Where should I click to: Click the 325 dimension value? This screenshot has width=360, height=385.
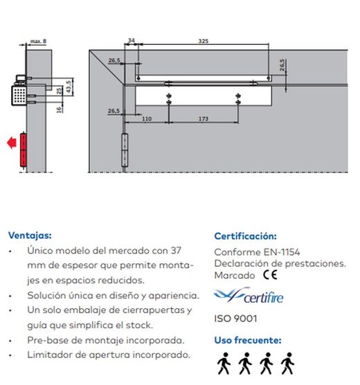(203, 42)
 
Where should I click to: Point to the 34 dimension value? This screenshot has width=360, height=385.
(131, 42)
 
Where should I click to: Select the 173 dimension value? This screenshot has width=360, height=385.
(202, 119)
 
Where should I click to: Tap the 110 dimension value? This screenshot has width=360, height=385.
(147, 119)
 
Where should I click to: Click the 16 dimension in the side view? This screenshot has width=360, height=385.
(60, 109)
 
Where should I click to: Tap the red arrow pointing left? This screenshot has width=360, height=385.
(11, 143)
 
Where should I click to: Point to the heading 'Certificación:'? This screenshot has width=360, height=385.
(245, 236)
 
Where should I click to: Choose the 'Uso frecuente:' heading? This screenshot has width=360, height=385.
(247, 340)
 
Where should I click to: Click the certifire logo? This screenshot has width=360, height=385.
(249, 297)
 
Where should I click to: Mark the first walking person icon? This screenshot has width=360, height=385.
(224, 363)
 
